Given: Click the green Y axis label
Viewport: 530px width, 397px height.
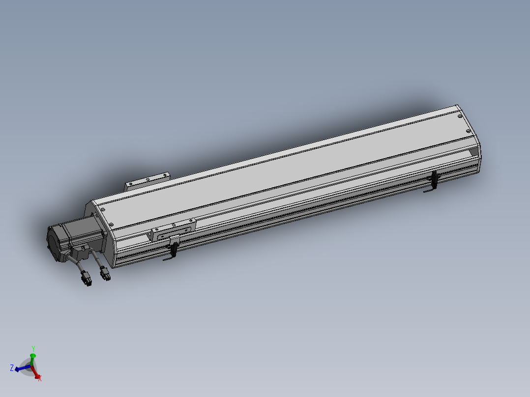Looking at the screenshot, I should [33, 349].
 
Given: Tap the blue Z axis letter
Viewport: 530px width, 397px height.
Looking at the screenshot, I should [11, 368].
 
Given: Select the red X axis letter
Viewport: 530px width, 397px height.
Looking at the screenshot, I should [39, 378].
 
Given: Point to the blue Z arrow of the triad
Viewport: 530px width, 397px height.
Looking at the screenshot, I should [21, 368].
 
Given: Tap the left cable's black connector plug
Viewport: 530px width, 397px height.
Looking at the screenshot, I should [87, 282].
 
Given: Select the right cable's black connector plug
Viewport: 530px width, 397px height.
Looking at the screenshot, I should [106, 276].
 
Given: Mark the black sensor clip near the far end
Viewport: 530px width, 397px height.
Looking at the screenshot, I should [434, 181].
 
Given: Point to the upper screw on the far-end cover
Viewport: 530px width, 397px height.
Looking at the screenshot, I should [460, 117].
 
